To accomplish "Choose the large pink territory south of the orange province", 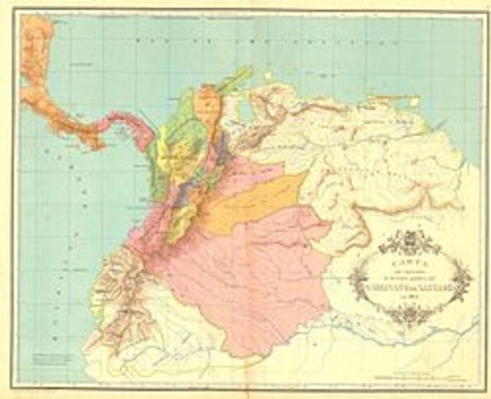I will (x=249, y=274).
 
